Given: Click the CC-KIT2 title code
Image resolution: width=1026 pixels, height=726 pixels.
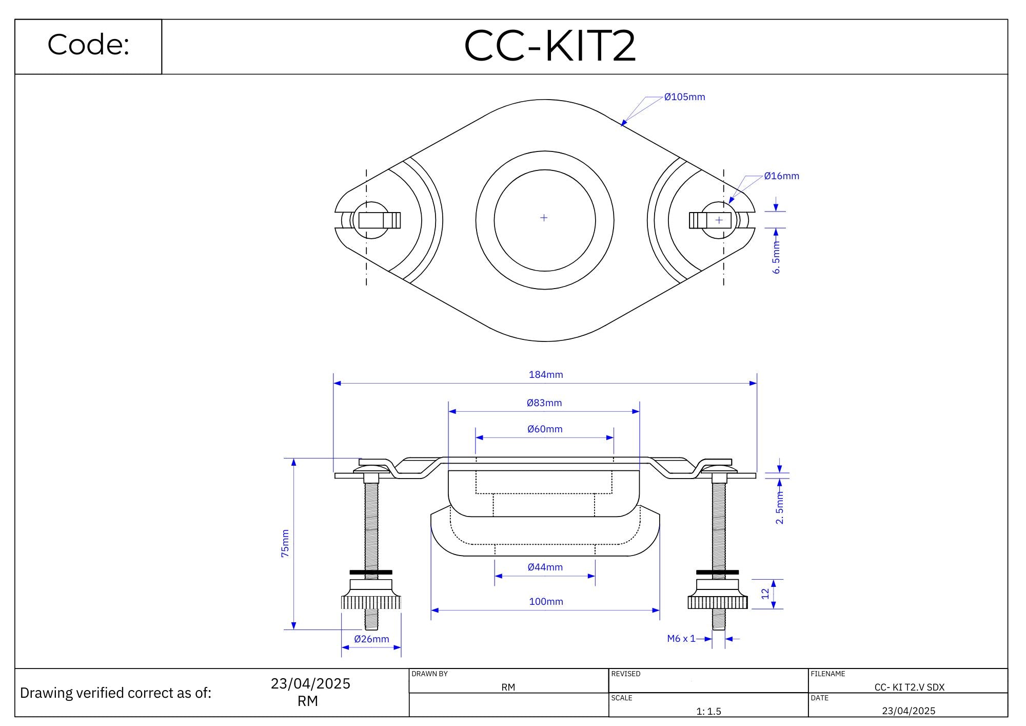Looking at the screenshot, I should (549, 46).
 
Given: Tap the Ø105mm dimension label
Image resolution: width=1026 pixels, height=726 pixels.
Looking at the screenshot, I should (684, 97).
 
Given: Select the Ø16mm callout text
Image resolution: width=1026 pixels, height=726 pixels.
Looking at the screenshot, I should (781, 176).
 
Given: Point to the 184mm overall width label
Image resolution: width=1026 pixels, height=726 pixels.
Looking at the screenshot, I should (546, 375).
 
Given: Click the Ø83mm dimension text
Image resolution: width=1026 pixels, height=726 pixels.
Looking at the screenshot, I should (544, 403).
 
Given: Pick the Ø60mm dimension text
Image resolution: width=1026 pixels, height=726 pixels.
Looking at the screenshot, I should (545, 429).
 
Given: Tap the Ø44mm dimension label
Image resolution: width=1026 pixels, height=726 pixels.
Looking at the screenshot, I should (545, 567).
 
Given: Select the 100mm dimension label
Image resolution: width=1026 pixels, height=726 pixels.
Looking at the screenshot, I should (546, 602).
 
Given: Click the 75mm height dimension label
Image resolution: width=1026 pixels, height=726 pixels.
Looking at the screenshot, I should (285, 544).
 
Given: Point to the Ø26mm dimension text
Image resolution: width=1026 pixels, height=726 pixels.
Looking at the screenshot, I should (371, 639).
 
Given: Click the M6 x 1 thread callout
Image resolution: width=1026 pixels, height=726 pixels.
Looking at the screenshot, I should (681, 639).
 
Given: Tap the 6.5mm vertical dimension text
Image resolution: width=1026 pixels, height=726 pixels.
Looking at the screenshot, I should (776, 257).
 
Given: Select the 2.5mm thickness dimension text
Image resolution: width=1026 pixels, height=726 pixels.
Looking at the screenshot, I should (779, 507).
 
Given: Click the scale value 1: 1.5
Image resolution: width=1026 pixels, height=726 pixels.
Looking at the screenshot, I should (708, 711).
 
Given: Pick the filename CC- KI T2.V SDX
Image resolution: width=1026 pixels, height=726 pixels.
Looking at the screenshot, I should (909, 687).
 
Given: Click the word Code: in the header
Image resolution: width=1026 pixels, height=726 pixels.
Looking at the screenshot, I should (88, 45).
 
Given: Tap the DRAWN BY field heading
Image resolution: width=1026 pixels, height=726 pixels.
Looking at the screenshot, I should (429, 674).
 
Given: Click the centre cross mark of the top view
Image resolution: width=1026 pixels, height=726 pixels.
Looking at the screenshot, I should (544, 218).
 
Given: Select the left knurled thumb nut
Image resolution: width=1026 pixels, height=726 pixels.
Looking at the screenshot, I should (371, 602).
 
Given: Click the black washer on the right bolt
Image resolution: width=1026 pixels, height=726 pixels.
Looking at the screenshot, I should (717, 572).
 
